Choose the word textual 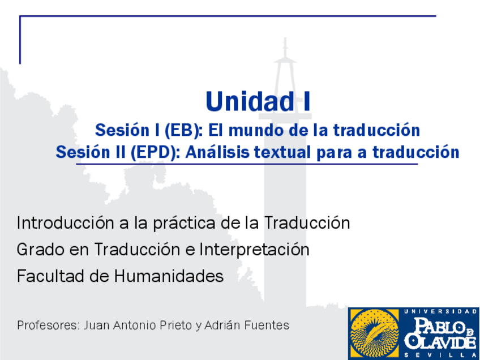[282, 152]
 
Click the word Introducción [66, 222]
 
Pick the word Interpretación [254, 250]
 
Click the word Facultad [51, 276]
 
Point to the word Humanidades [169, 276]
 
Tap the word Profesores [49, 325]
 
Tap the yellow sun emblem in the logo [374, 333]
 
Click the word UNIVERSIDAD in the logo [440, 312]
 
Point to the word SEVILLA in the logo [440, 355]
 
